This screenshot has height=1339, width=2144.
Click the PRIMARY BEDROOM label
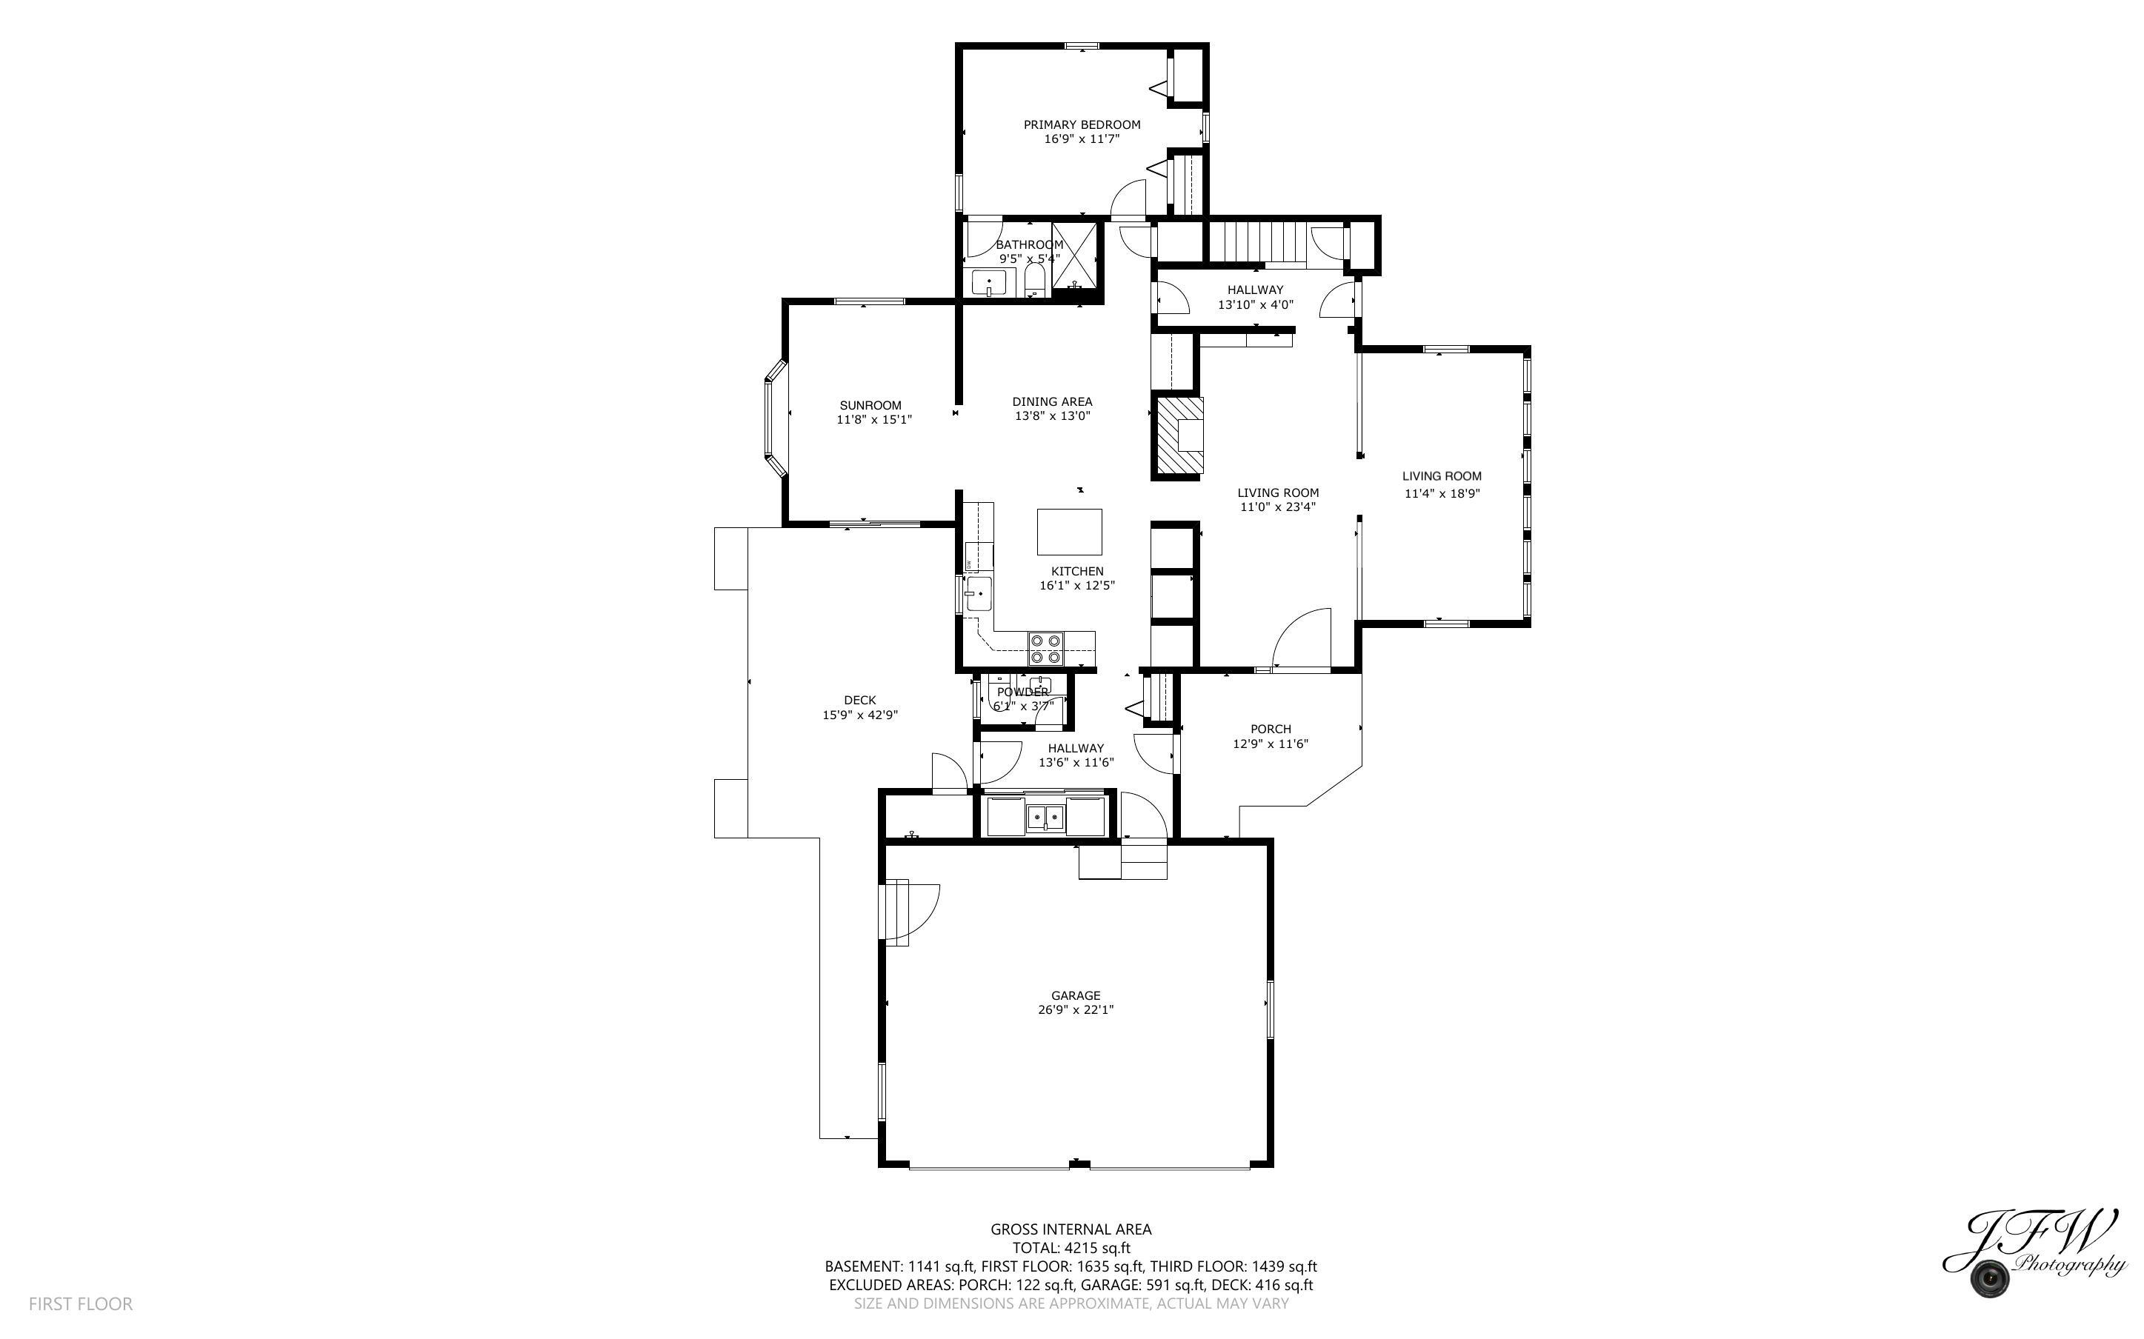(x=1082, y=125)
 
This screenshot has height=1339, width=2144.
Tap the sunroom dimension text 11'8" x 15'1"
(x=874, y=420)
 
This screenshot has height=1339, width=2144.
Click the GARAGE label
(x=1076, y=995)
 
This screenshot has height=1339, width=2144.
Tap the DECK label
(x=860, y=701)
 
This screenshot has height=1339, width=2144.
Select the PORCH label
(x=1271, y=729)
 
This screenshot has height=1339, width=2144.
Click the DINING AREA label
(x=1052, y=401)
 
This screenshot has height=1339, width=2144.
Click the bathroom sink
(x=989, y=284)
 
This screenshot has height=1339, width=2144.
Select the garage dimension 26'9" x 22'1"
(x=1076, y=1009)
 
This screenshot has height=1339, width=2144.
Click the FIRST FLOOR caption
(x=81, y=1303)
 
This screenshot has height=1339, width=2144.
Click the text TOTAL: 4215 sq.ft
(x=1071, y=1248)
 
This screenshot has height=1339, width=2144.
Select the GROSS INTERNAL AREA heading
(x=1071, y=1229)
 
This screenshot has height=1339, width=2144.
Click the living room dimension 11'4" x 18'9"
(x=1442, y=493)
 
